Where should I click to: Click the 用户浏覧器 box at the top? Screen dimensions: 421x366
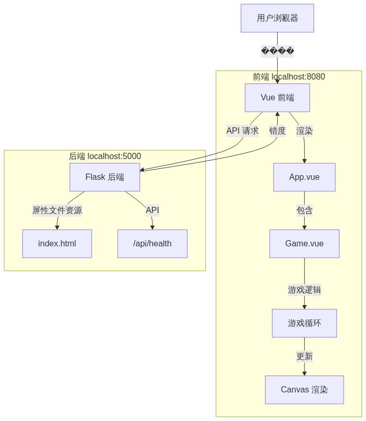pyautogui.click(x=277, y=18)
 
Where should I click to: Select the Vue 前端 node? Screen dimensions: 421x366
pyautogui.click(x=277, y=98)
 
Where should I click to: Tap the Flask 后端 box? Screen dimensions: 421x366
pyautogui.click(x=104, y=177)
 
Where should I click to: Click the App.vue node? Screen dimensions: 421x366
pyautogui.click(x=304, y=177)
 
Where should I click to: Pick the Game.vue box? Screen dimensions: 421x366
pyautogui.click(x=304, y=244)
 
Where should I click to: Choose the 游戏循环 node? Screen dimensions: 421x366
pyautogui.click(x=304, y=323)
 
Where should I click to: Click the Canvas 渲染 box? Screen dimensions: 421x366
pyautogui.click(x=304, y=390)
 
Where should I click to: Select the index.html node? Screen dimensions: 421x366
pyautogui.click(x=57, y=244)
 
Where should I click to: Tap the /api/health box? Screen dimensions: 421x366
pyautogui.click(x=152, y=244)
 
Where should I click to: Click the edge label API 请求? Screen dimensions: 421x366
pyautogui.click(x=242, y=131)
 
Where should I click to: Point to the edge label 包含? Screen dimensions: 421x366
pyautogui.click(x=304, y=210)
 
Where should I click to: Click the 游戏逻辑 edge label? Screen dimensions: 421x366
pyautogui.click(x=304, y=290)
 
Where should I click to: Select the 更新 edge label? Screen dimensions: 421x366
pyautogui.click(x=304, y=357)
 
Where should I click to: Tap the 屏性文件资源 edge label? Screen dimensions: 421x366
pyautogui.click(x=57, y=210)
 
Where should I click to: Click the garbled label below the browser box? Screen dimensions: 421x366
pyautogui.click(x=277, y=51)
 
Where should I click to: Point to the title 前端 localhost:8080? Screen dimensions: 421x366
pyautogui.click(x=289, y=77)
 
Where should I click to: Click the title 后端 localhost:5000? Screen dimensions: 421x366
pyautogui.click(x=104, y=156)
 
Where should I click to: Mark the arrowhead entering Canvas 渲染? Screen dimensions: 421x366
pyautogui.click(x=304, y=373)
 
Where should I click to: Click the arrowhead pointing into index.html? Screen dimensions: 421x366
pyautogui.click(x=57, y=227)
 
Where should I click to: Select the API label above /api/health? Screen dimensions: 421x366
pyautogui.click(x=152, y=210)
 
